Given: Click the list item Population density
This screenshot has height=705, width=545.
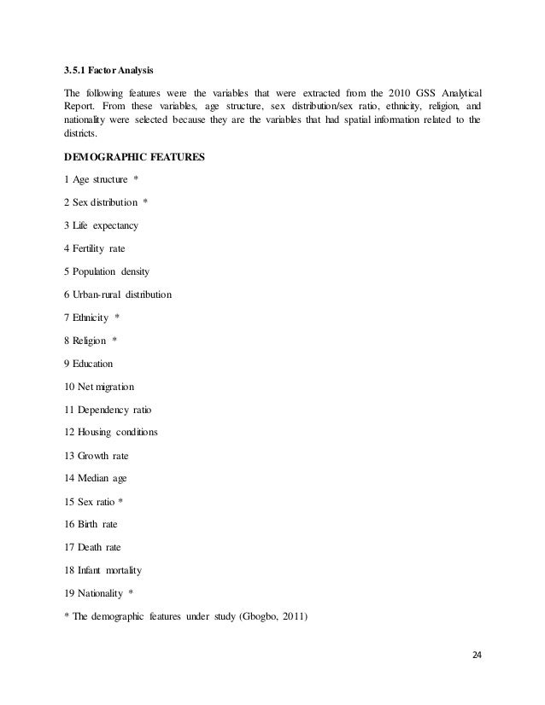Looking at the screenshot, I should point(107,271).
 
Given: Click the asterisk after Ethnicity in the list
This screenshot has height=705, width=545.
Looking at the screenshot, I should point(117,318).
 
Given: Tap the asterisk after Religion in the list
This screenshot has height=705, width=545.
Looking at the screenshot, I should point(114,341).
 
